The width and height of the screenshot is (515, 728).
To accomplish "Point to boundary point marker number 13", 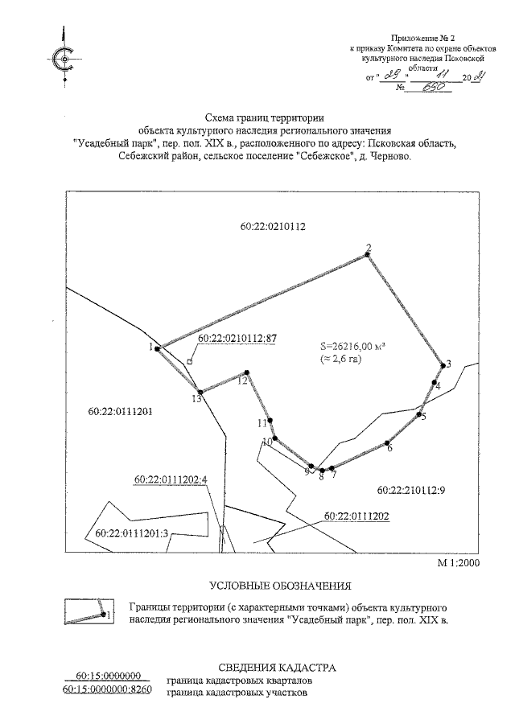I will click(x=198, y=393).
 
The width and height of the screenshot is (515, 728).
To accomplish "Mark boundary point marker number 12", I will click(x=247, y=372).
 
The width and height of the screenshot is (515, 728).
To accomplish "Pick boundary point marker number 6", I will click(x=387, y=442).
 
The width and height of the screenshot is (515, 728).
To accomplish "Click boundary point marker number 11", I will click(x=270, y=421).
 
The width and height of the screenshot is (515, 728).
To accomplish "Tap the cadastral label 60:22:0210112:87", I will click(x=237, y=339).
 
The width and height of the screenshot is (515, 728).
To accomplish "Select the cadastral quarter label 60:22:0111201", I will click(x=120, y=412).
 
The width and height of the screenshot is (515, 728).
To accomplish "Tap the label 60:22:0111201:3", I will click(x=130, y=533).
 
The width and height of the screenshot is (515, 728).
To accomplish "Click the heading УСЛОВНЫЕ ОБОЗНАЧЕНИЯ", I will click(x=280, y=585).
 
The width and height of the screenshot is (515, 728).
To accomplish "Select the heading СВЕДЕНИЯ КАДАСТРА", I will click(x=277, y=668).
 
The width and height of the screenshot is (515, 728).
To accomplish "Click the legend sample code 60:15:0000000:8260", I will click(x=107, y=689).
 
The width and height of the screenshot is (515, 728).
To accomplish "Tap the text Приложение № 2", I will click(x=422, y=37).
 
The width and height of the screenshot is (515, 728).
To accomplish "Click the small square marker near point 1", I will click(x=190, y=363).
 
